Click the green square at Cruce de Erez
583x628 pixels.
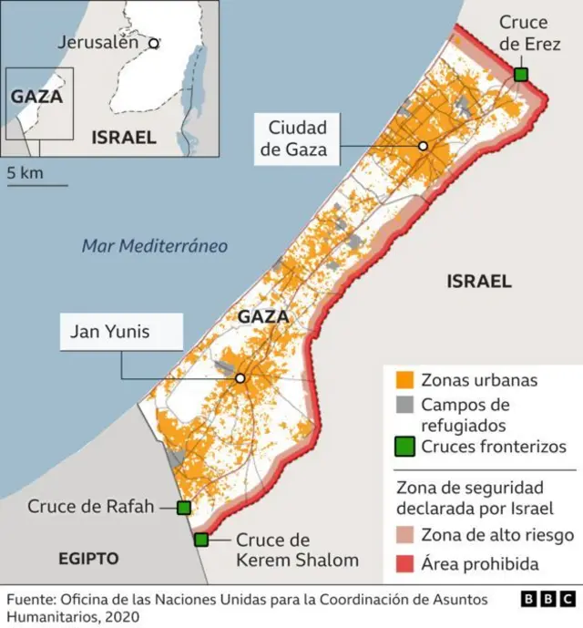(x=520, y=74)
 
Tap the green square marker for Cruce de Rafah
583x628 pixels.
(x=183, y=508)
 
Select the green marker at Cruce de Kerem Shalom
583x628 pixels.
(x=201, y=540)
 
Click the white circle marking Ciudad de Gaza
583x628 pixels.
(x=423, y=146)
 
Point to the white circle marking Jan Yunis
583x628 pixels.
(x=240, y=378)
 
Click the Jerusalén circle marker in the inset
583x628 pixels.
(x=154, y=42)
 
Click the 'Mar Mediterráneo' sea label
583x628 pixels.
(x=154, y=245)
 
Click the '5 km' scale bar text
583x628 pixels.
(x=24, y=172)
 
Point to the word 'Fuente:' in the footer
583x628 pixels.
(x=30, y=600)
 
